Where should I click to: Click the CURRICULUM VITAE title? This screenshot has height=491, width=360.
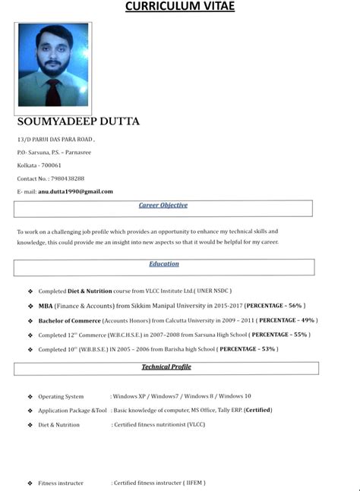179,7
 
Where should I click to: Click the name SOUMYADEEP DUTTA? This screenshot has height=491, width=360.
78,121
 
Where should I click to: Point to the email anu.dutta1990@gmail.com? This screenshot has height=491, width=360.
75,191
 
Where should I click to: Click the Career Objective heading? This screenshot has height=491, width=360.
163,205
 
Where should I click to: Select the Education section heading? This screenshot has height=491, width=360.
164,264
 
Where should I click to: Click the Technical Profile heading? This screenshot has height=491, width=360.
166,367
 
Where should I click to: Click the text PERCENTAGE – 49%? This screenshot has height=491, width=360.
288,320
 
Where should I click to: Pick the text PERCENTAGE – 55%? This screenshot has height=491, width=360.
279,335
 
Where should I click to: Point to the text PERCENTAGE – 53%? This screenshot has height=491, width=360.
248,349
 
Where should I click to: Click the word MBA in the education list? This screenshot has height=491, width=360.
46,305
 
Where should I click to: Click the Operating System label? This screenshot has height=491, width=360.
61,396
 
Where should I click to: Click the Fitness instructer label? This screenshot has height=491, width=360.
61,483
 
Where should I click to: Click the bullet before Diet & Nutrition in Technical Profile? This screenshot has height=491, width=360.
30,425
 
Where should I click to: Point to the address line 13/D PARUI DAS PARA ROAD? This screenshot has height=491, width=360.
55,140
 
